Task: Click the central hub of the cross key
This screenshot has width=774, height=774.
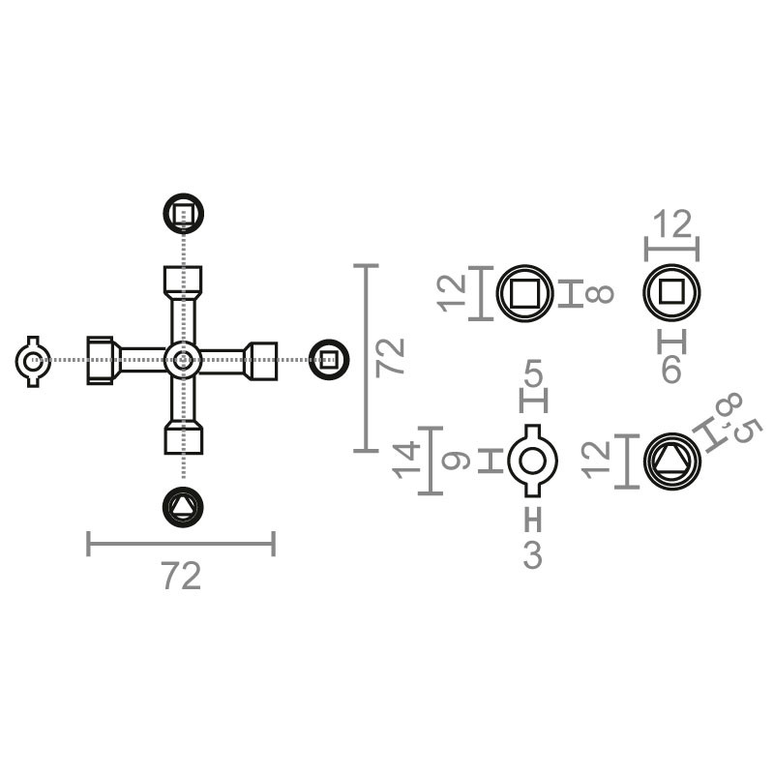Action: click(x=182, y=360)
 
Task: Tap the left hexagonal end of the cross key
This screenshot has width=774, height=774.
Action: click(x=102, y=360)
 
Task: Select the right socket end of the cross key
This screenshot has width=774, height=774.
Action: click(x=262, y=360)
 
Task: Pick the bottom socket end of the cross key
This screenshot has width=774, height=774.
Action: click(x=182, y=437)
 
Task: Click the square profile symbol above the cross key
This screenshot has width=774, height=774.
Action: click(x=183, y=213)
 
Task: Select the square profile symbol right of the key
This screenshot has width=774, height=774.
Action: click(x=328, y=360)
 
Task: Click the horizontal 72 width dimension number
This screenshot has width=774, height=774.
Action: click(x=181, y=577)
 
